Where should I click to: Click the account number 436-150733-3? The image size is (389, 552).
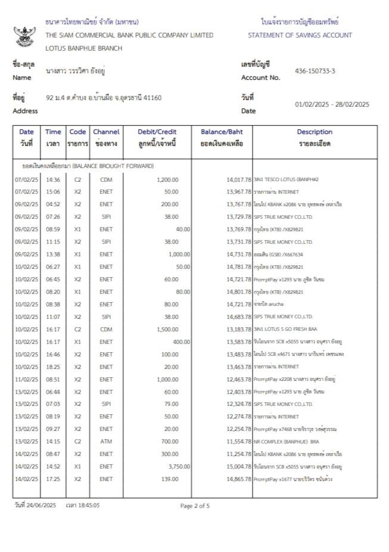pos(315,71)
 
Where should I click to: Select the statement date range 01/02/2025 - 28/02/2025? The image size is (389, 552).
pos(332,104)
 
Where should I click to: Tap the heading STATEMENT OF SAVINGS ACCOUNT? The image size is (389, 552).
pos(300,35)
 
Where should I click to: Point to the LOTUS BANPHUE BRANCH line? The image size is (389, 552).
pos(83,48)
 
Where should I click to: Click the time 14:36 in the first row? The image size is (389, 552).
pos(53,179)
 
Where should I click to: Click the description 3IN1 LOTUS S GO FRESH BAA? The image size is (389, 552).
pos(287,329)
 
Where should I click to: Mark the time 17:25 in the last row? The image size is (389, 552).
pos(53,478)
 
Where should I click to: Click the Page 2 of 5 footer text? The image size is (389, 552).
pos(195,506)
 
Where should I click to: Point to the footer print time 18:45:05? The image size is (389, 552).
pos(87,506)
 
